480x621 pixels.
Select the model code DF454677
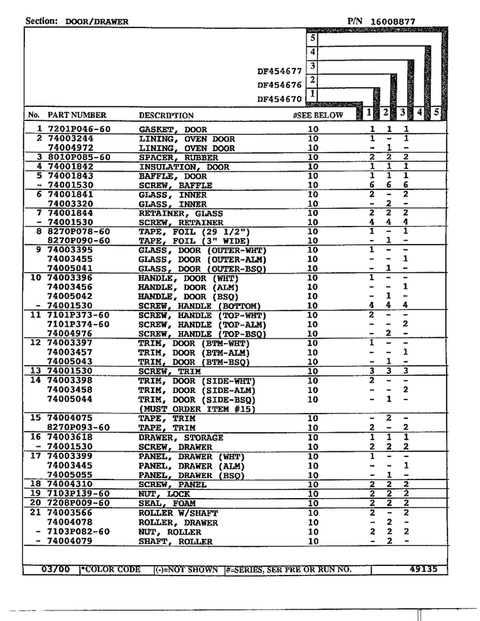(279, 71)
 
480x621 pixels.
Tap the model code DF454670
(279, 99)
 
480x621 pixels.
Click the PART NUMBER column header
(77, 115)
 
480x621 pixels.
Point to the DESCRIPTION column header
(166, 116)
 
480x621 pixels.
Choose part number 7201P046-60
(79, 129)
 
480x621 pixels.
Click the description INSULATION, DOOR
(184, 166)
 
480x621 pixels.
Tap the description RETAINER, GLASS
(181, 213)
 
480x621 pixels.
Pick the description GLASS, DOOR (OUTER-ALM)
(202, 259)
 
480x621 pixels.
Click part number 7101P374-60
(79, 325)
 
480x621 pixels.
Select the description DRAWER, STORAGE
(181, 437)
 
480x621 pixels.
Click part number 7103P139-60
(79, 494)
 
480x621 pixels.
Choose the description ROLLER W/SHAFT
(179, 513)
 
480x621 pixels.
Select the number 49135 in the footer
(423, 569)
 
